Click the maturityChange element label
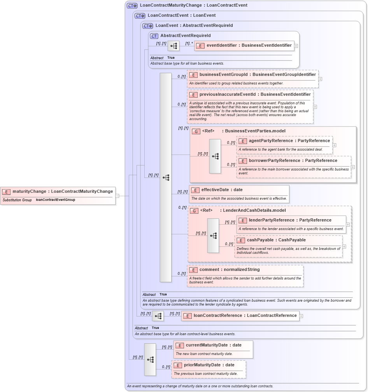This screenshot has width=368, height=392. tap(62, 191)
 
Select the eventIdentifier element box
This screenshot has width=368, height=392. tap(249, 46)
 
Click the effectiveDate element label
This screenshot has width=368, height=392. tap(222, 190)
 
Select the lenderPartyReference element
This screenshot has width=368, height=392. tap(290, 220)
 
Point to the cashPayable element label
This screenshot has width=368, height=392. tap(276, 240)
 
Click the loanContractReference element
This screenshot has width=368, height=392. tap(245, 316)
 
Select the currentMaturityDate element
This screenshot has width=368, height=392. tap(213, 345)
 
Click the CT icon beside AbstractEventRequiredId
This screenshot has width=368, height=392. tap(154, 36)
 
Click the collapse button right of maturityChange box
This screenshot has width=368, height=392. tap(117, 196)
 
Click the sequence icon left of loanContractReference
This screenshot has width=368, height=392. tap(158, 316)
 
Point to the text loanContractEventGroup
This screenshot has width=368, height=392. tap(55, 200)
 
